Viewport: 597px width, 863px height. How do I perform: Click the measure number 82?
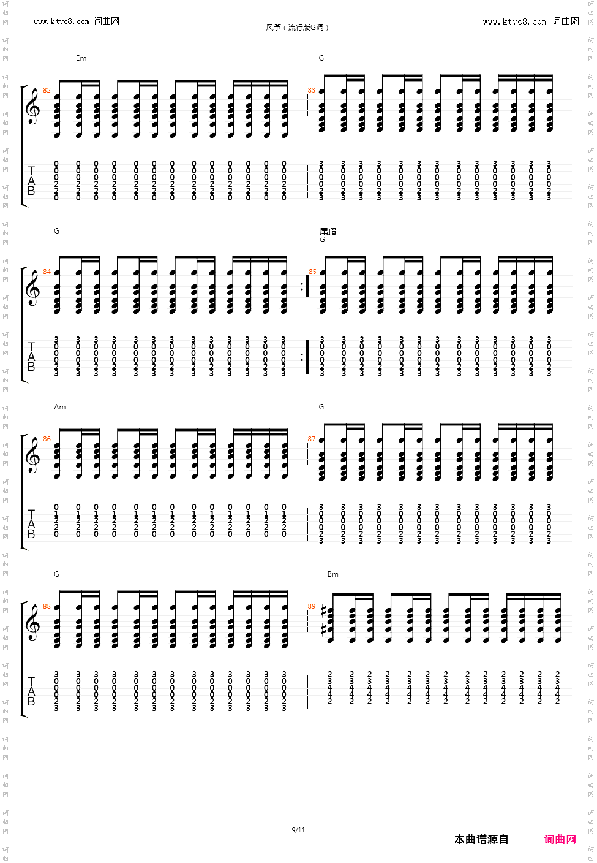(x=47, y=91)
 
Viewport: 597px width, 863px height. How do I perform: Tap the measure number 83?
(x=312, y=91)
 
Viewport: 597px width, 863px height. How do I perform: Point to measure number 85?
(x=312, y=272)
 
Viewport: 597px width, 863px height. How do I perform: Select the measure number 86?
(x=47, y=439)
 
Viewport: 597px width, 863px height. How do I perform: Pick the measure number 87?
(x=312, y=439)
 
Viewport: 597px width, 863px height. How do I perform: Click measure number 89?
(x=312, y=607)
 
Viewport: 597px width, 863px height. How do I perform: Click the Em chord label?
(x=81, y=58)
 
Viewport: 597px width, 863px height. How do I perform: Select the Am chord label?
(x=59, y=407)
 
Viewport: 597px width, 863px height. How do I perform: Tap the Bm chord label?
(x=332, y=574)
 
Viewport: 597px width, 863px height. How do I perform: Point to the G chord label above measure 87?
(x=321, y=407)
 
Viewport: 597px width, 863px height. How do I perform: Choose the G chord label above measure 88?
(x=56, y=574)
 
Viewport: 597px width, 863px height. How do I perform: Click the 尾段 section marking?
(x=328, y=232)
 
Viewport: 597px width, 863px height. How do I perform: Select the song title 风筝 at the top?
(x=273, y=28)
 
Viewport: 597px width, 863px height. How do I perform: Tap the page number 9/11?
(x=298, y=830)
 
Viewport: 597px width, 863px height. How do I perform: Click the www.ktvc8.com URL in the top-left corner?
(x=61, y=21)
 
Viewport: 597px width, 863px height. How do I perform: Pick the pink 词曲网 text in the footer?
(x=560, y=839)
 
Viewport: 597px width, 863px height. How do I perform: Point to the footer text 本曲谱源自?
(x=481, y=839)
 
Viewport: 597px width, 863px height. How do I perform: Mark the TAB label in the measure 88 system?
(x=31, y=691)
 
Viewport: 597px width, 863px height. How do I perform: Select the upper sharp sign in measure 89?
(x=324, y=612)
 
